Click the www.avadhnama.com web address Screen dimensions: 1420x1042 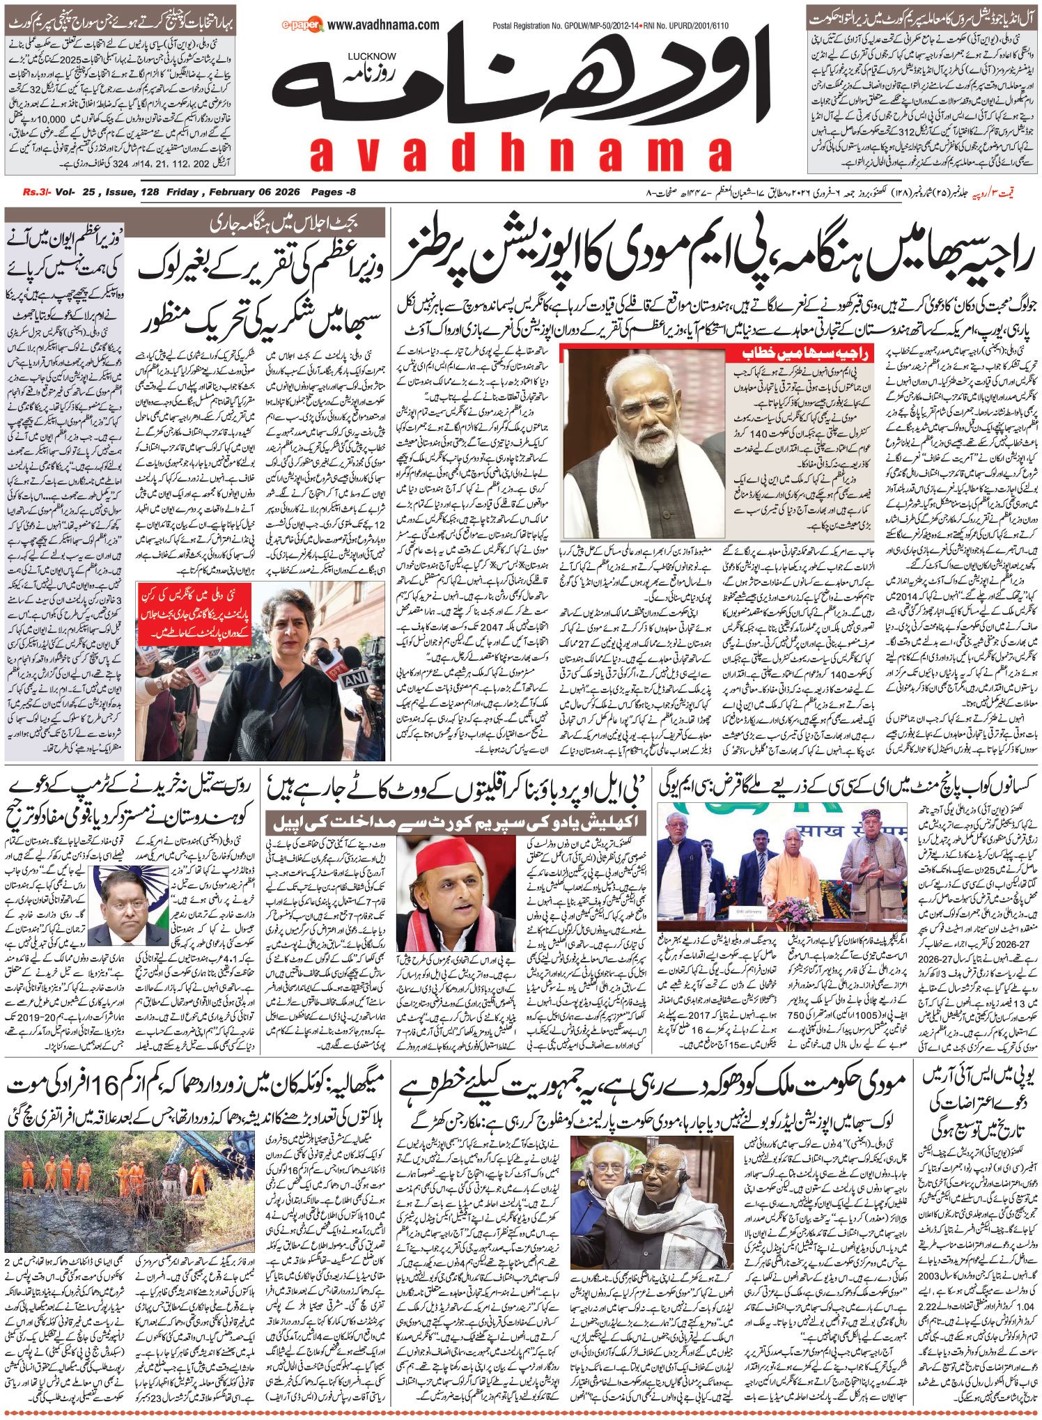pos(383,26)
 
